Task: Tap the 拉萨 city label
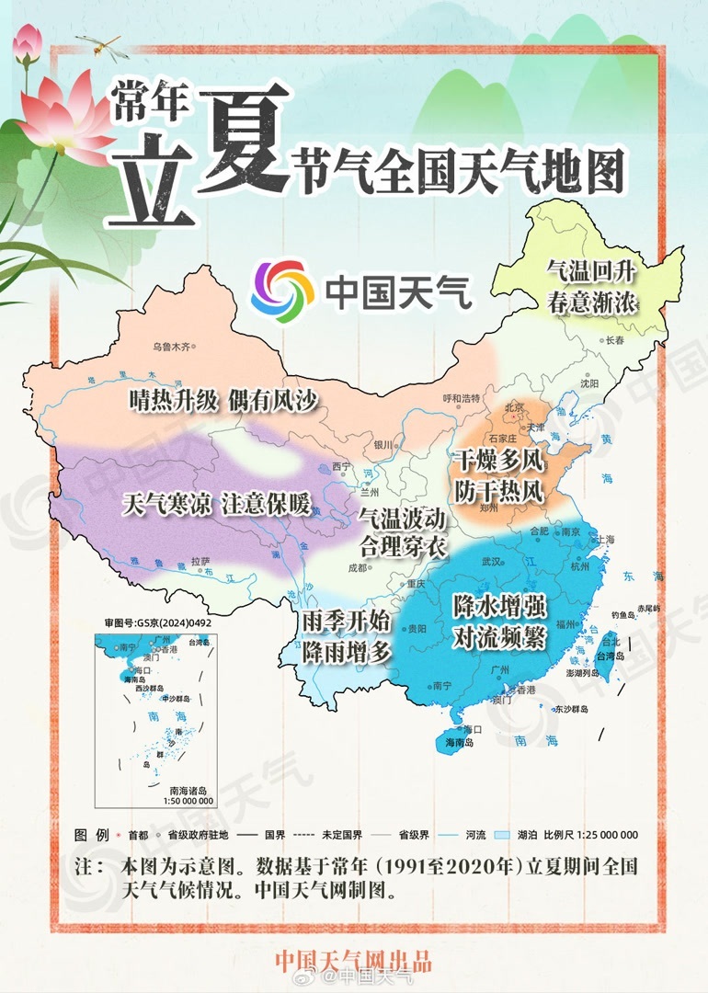(x=200, y=561)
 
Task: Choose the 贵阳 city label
(x=417, y=629)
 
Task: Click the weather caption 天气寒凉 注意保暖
(x=216, y=504)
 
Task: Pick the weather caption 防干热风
(x=497, y=492)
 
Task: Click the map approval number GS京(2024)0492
(x=158, y=622)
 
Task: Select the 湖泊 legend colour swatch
(x=502, y=835)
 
